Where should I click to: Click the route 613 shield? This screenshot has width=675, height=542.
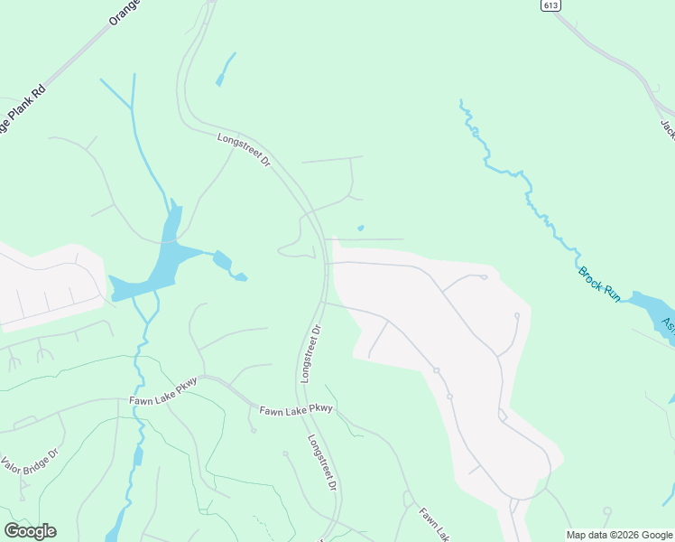click(550, 5)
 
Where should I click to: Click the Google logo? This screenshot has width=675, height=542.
click(30, 531)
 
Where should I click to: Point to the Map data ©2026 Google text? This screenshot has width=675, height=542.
click(620, 535)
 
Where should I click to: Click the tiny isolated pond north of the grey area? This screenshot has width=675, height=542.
click(360, 228)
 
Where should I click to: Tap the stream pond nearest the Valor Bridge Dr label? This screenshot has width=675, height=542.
click(138, 456)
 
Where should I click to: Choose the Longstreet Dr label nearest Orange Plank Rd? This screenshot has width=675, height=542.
click(245, 149)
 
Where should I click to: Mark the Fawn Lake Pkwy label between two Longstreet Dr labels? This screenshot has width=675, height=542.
click(296, 409)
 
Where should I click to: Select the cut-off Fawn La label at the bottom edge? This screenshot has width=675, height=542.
click(434, 524)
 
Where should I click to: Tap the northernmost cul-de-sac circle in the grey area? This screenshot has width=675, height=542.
click(485, 277)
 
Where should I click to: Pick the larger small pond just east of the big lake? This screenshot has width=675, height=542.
click(222, 262)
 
